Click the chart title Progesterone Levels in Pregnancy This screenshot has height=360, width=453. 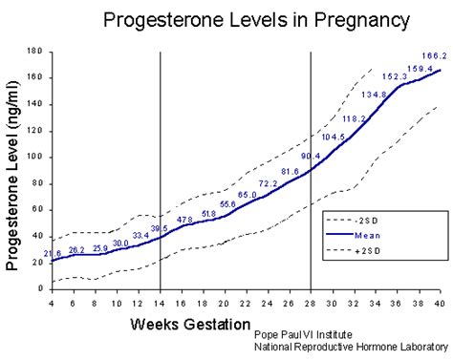[244, 19]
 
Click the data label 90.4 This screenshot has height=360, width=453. [311, 156]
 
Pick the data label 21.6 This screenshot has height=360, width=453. [53, 253]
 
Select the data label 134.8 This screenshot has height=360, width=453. [375, 94]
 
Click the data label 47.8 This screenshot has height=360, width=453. [185, 220]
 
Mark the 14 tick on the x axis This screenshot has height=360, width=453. [160, 303]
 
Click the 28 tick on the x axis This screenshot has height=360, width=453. [311, 303]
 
